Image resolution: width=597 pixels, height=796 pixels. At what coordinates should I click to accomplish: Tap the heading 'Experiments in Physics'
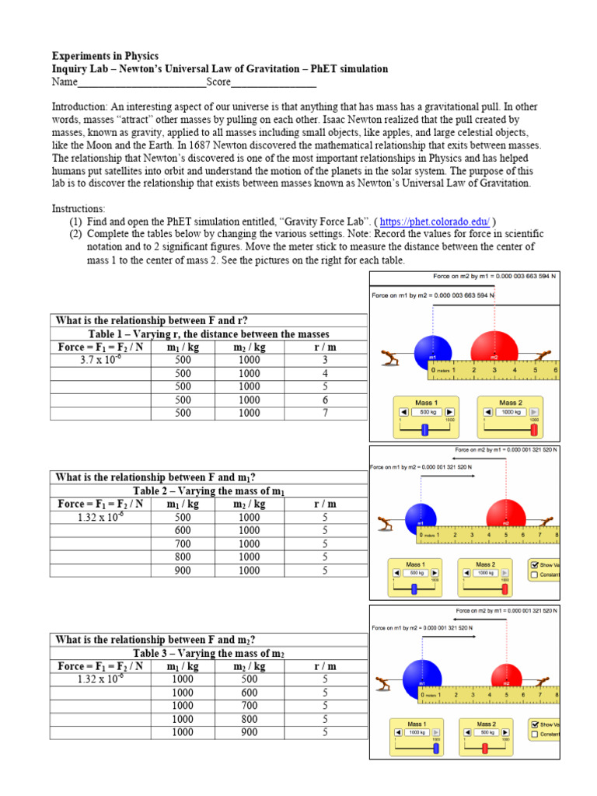coord(105,56)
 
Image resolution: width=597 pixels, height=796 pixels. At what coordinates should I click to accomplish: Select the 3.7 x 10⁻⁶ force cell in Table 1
coord(100,360)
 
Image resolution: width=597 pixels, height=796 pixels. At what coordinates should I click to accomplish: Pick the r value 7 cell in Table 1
coord(325,414)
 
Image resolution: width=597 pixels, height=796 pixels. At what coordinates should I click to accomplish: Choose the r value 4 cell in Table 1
coord(325,373)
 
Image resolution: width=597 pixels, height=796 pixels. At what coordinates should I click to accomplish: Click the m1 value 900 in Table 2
coord(183,571)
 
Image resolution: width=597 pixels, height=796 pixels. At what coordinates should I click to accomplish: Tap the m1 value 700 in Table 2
coord(183,543)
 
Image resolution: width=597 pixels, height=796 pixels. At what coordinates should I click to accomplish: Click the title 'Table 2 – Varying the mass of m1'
coord(208,491)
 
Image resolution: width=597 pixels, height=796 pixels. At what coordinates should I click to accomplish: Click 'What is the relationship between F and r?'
coord(152,320)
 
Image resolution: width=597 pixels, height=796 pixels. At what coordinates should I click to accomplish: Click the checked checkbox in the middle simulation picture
coord(533,565)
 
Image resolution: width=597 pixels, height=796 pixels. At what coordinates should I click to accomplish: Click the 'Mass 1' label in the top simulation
coord(426,403)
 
